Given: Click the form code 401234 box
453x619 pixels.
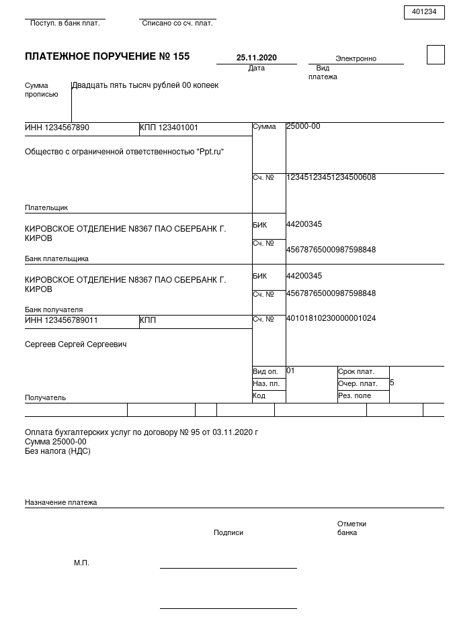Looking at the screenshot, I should pyautogui.click(x=424, y=12).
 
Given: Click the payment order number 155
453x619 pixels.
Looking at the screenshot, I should pyautogui.click(x=181, y=56).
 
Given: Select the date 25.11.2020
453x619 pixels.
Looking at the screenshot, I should pyautogui.click(x=256, y=58).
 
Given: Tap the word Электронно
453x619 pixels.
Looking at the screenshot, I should pyautogui.click(x=356, y=58).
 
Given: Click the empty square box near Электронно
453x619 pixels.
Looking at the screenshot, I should pyautogui.click(x=436, y=54).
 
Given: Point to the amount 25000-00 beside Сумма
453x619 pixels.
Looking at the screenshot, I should pyautogui.click(x=303, y=126).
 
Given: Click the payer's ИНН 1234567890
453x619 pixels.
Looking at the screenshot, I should pyautogui.click(x=57, y=128).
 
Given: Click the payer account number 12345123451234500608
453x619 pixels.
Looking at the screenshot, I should pyautogui.click(x=331, y=177).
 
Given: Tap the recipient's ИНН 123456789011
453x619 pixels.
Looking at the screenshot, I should pyautogui.click(x=61, y=320).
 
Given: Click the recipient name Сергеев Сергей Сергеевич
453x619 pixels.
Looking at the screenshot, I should pyautogui.click(x=75, y=344).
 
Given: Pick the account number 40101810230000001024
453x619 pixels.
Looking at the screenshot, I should pyautogui.click(x=331, y=318).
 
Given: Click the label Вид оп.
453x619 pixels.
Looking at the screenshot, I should pyautogui.click(x=265, y=371).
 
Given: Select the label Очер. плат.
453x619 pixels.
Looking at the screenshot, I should pyautogui.click(x=358, y=384).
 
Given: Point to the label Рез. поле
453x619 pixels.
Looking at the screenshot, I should pyautogui.click(x=354, y=396).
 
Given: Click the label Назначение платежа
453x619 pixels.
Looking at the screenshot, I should pyautogui.click(x=60, y=502).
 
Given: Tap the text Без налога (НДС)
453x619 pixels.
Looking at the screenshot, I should pyautogui.click(x=57, y=451).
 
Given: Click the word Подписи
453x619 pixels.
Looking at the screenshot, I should pyautogui.click(x=229, y=532).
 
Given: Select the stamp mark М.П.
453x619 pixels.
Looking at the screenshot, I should pyautogui.click(x=81, y=563).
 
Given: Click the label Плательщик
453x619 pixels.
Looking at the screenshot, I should pyautogui.click(x=46, y=207).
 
